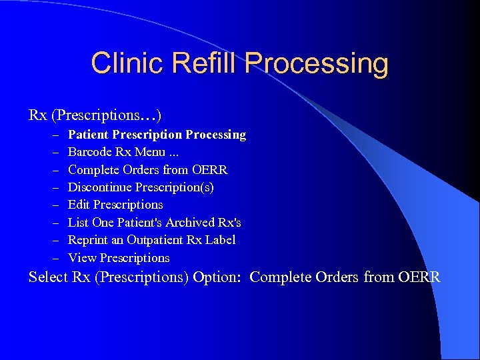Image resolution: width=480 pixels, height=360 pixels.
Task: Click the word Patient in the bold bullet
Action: click(x=89, y=135)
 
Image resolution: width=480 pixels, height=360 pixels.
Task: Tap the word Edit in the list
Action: click(x=79, y=205)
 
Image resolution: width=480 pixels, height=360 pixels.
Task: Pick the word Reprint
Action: click(x=88, y=240)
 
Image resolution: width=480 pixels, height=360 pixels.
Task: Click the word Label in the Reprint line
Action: click(x=220, y=240)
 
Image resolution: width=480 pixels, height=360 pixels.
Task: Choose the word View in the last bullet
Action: click(x=80, y=258)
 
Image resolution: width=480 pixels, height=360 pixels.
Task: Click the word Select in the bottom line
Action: click(x=49, y=277)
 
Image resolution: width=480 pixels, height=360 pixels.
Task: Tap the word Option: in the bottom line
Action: click(x=217, y=277)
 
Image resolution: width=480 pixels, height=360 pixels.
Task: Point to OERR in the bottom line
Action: click(x=419, y=277)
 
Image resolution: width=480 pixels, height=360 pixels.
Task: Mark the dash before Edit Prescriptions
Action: click(x=53, y=205)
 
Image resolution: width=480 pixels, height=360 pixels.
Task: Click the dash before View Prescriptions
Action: click(x=53, y=258)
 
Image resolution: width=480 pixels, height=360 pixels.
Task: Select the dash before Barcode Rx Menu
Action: click(x=53, y=152)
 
